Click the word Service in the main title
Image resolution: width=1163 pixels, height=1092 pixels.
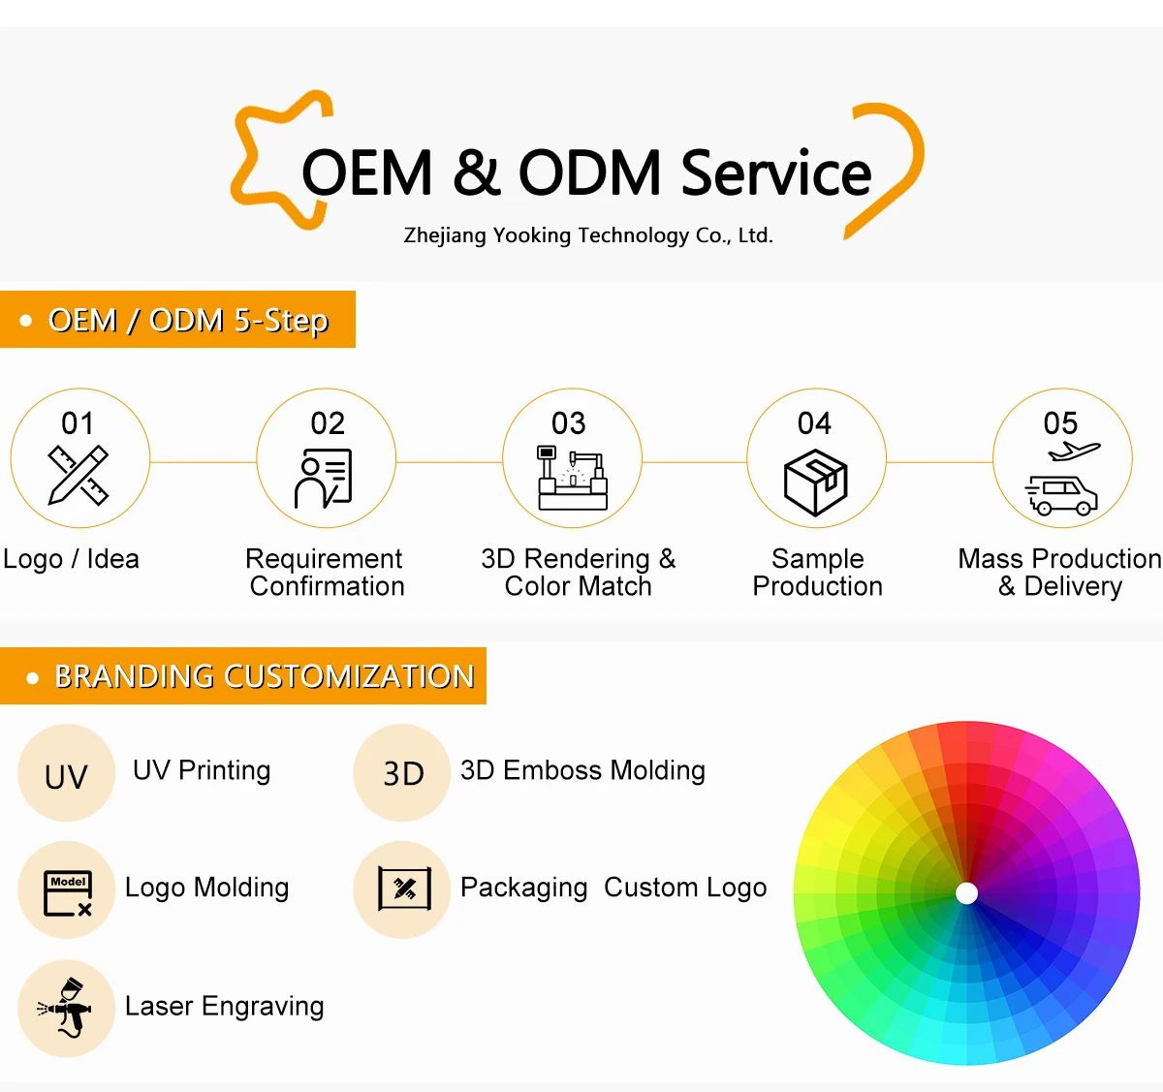point(775,173)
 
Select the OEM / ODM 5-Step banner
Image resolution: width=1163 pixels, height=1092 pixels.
point(178,320)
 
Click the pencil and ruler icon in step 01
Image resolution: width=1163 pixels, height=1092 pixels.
point(79,475)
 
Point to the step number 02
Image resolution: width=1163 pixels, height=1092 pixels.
point(328,423)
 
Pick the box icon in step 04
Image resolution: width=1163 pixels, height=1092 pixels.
point(816,482)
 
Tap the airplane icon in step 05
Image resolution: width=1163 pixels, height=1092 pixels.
point(1074,452)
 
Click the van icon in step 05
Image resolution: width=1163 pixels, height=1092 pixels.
point(1062,495)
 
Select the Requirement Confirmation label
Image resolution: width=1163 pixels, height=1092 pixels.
point(326,573)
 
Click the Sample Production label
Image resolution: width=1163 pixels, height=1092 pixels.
point(817,573)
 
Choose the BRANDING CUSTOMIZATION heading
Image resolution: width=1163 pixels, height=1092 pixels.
point(264,676)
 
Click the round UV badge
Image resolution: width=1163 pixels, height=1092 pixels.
point(66,774)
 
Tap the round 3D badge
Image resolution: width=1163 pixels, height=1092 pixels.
point(402,773)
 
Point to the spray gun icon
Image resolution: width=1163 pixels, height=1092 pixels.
point(66,1008)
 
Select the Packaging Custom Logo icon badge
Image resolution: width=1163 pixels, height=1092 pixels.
point(403,889)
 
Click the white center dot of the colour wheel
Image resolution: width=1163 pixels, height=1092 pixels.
point(966,893)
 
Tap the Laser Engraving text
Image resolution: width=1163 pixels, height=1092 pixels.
point(225,1007)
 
